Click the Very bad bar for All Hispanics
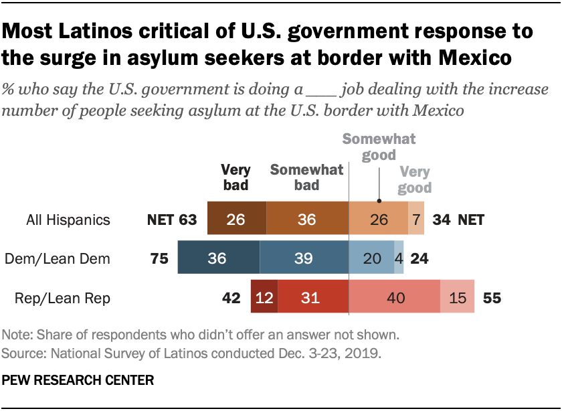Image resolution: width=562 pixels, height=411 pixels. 236,219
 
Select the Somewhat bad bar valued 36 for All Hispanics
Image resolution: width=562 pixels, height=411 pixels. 307,219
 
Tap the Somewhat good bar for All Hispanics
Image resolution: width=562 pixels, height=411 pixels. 379,219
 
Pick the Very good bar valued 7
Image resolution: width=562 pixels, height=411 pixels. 416,219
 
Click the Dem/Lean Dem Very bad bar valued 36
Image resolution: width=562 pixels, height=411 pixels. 218,258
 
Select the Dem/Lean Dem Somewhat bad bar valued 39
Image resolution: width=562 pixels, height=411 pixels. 304,258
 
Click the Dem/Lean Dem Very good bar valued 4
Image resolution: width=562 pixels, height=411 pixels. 399,258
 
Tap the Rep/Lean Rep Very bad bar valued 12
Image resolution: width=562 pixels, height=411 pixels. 264,297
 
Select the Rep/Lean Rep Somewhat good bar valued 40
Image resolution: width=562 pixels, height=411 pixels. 394,297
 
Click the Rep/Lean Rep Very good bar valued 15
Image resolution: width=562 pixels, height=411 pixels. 457,297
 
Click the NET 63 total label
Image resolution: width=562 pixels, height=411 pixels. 172,219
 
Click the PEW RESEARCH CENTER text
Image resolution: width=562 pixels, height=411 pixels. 78,380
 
